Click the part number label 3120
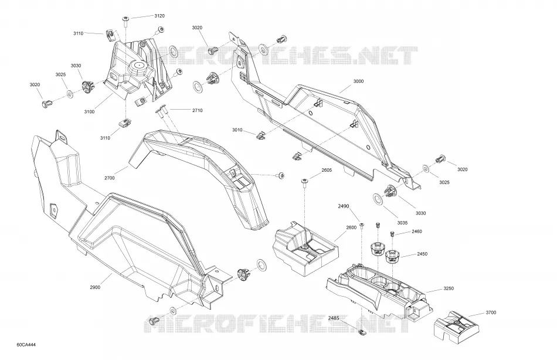[x=159, y=16]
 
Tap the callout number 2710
[x=198, y=111]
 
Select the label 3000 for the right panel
[x=358, y=81]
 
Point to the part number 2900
[x=95, y=287]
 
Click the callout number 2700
[x=110, y=178]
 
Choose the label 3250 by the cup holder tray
[x=449, y=288]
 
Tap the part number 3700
[x=491, y=313]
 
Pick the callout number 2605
[x=327, y=170]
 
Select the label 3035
[x=402, y=223]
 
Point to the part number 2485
[x=334, y=318]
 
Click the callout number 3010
[x=237, y=130]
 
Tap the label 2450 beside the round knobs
[x=422, y=254]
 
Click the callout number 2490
[x=344, y=206]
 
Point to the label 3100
[x=89, y=111]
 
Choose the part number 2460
[x=417, y=232]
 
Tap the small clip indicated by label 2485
[x=362, y=332]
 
